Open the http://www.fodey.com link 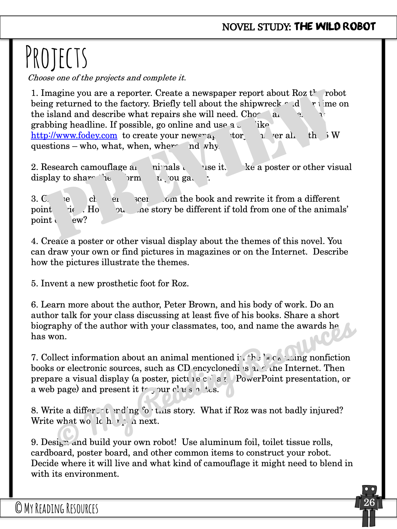74,135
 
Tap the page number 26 369,503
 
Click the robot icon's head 369,489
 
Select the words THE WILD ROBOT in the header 335,26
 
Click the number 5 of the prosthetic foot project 34,284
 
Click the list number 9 34,442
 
